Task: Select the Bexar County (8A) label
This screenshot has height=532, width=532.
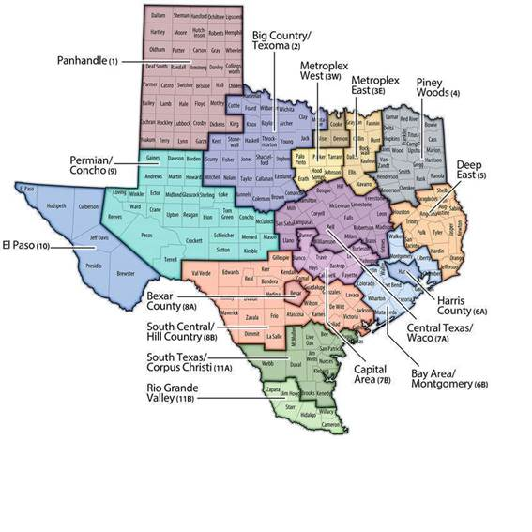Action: [x=172, y=300]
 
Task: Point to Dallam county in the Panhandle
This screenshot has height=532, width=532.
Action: [x=157, y=16]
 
